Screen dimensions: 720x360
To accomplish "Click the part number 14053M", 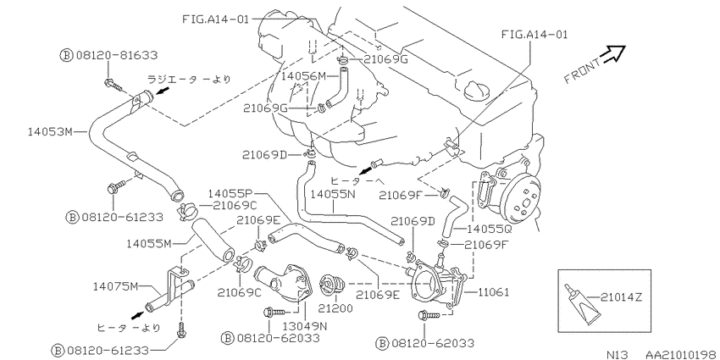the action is pos(50,132).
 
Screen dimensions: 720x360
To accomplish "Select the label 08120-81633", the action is pos(117,55).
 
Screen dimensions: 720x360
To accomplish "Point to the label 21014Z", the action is pos(621,297).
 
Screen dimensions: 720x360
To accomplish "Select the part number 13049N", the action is pos(304,326).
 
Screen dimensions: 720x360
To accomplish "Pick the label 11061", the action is pos(493,291).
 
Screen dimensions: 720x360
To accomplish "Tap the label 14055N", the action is pos(333,194).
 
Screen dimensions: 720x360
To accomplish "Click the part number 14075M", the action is pos(115,286).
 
